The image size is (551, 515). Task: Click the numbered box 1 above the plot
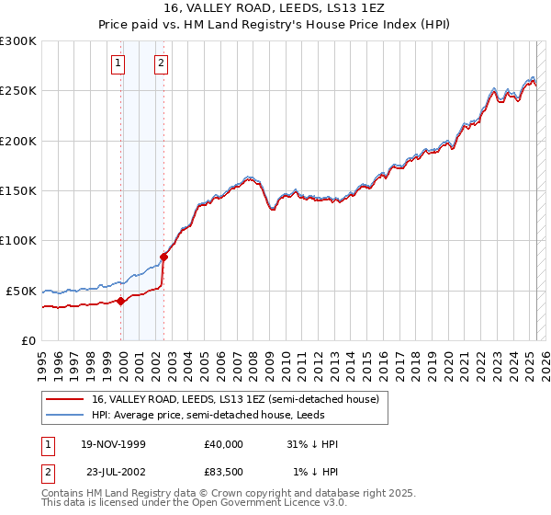(119, 63)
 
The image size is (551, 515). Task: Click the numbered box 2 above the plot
(161, 63)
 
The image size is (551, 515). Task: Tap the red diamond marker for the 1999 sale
(121, 301)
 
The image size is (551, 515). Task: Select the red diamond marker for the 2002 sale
(164, 257)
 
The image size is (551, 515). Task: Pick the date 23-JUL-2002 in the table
(113, 471)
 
